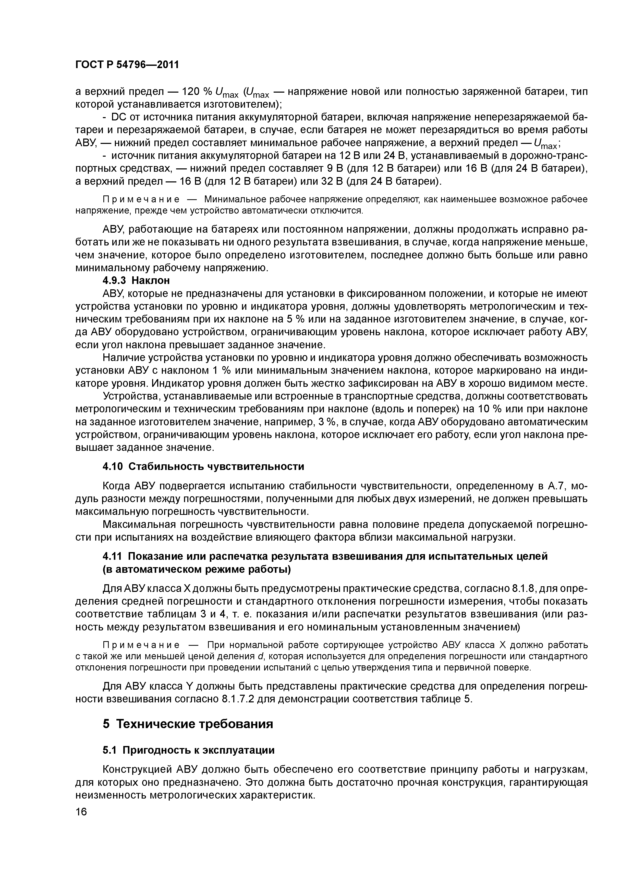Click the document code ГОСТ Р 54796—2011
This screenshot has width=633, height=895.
click(127, 64)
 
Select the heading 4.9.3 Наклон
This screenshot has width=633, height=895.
click(136, 280)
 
